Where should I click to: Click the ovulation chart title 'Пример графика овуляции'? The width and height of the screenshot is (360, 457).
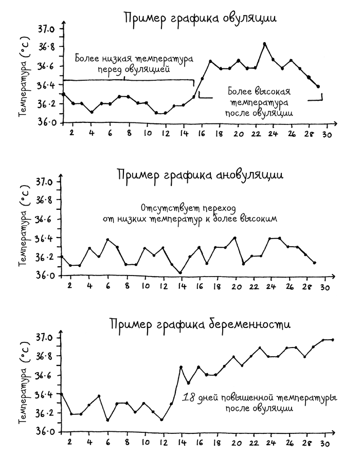(x=200, y=19)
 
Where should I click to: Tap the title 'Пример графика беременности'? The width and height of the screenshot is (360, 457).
(x=200, y=324)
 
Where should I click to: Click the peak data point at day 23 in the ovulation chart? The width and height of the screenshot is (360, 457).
(x=264, y=44)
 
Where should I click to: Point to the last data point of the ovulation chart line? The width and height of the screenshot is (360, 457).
(x=318, y=86)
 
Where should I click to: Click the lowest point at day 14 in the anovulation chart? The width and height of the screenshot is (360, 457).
(x=180, y=273)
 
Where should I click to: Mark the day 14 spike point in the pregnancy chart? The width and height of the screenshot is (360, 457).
(x=181, y=367)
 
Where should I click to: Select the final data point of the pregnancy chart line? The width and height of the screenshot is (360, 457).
(x=333, y=340)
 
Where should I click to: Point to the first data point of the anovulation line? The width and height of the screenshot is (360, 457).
(x=62, y=256)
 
